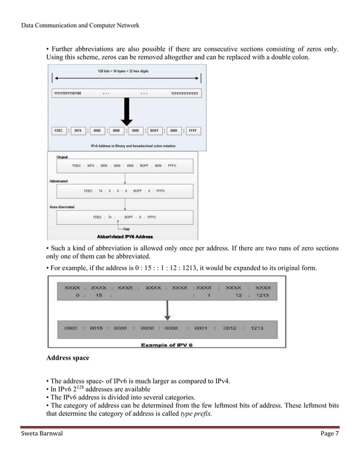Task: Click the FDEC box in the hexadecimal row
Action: (59, 130)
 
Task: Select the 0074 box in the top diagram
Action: (78, 130)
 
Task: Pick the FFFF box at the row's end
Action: (192, 130)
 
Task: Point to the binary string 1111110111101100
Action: (67, 93)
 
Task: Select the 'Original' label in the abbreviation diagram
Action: (63, 157)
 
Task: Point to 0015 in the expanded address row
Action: (96, 328)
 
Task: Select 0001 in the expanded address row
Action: (201, 328)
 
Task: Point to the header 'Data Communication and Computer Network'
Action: (80, 25)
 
